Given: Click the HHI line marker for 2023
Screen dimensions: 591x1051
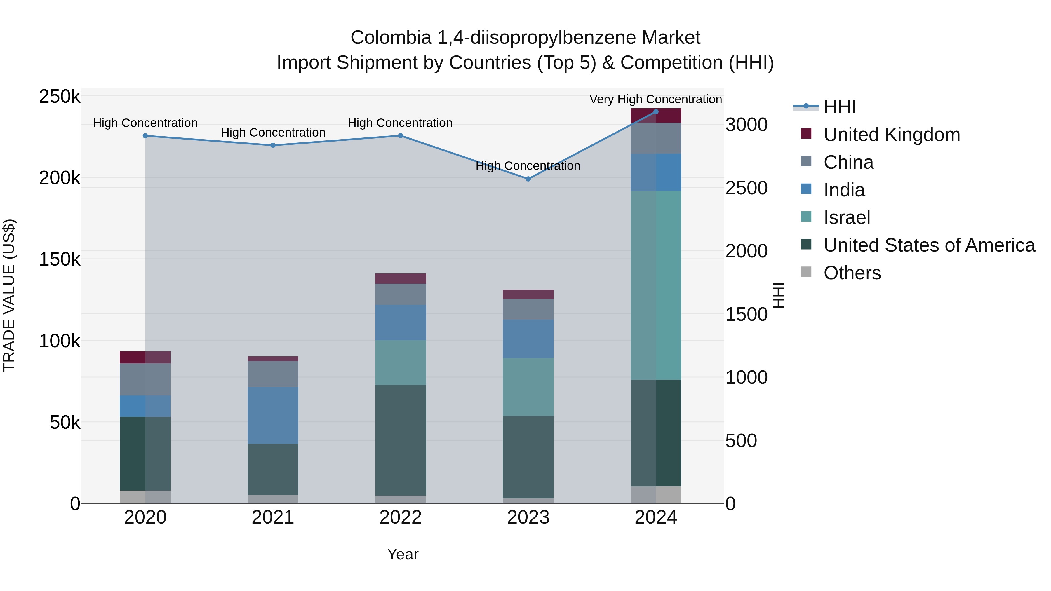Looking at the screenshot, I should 528,179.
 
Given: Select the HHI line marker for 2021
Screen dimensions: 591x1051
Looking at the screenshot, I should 273,145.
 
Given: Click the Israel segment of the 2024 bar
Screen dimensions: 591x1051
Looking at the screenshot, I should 656,285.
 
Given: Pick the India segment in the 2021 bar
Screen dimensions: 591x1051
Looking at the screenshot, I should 273,415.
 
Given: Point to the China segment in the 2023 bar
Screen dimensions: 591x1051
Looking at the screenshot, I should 528,309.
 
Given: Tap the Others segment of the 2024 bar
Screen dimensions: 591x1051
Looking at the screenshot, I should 656,494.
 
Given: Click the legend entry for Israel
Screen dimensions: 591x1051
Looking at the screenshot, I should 847,217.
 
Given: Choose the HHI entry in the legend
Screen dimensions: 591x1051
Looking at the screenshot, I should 839,107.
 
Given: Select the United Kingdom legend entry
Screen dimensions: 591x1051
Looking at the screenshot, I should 892,135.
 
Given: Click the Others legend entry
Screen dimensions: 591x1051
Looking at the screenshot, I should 852,273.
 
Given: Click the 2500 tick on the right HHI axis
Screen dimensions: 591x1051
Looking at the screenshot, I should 746,188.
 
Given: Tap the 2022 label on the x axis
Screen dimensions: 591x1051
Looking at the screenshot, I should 400,517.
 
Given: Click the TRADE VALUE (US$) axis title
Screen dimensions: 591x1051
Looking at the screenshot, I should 9,295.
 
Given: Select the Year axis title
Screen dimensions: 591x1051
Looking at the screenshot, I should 402,554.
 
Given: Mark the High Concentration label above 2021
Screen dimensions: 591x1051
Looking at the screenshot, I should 273,133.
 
